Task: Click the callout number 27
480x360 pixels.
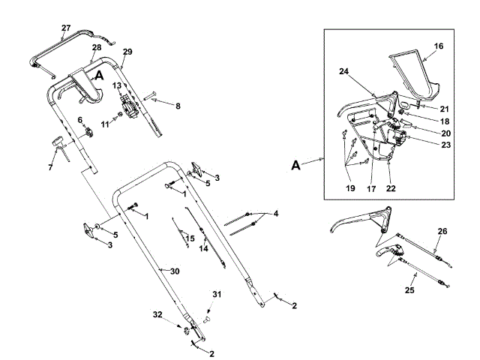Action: pos(66,28)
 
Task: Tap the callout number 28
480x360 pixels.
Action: pos(97,47)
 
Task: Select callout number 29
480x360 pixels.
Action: pos(127,51)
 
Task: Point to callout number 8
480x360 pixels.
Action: pos(178,106)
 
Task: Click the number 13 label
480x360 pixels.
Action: pos(117,86)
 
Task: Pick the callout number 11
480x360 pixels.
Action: pos(106,123)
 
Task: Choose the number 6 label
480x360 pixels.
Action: pos(80,121)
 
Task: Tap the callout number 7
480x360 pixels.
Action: pos(50,166)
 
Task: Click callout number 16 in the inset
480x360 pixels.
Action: pos(439,46)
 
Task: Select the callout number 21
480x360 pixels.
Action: pos(445,108)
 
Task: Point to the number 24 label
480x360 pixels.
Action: pos(344,73)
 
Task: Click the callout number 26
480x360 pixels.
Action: pos(442,231)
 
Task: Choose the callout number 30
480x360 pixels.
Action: pos(175,271)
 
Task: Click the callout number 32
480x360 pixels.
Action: pos(157,313)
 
